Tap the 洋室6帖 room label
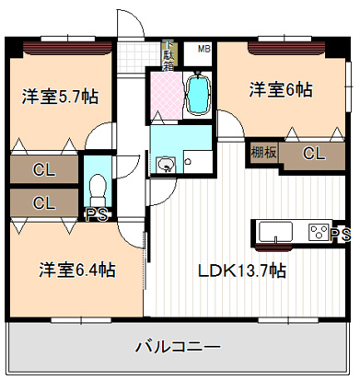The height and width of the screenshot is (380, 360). [280, 90]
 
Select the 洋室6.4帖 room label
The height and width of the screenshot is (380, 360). [76, 270]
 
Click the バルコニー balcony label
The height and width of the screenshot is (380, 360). [178, 348]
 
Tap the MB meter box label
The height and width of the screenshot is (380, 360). [203, 50]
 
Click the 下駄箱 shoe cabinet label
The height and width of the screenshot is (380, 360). [168, 54]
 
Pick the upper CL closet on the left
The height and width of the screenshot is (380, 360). [42, 168]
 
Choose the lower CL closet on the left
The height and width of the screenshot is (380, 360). [42, 202]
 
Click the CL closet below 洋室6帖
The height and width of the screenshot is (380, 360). [313, 154]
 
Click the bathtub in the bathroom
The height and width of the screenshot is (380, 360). [199, 93]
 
